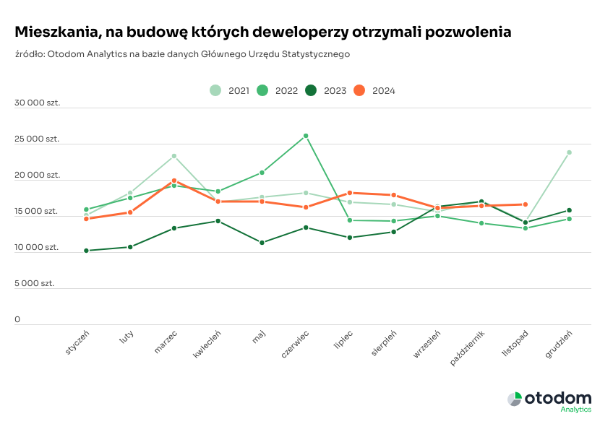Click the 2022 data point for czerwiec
pyautogui.click(x=306, y=136)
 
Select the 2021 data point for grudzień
pyautogui.click(x=569, y=152)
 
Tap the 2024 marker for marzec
pyautogui.click(x=174, y=181)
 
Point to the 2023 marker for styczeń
pyautogui.click(x=87, y=251)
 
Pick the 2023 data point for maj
pyautogui.click(x=262, y=243)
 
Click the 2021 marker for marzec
pyautogui.click(x=174, y=156)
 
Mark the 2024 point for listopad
pyautogui.click(x=526, y=204)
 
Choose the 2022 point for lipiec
pyautogui.click(x=349, y=220)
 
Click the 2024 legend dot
pyautogui.click(x=359, y=91)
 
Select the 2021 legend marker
pyautogui.click(x=215, y=91)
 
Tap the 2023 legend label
pyautogui.click(x=335, y=91)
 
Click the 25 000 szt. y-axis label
pyautogui.click(x=37, y=139)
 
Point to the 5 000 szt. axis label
pyautogui.click(x=35, y=283)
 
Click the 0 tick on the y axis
pyautogui.click(x=17, y=320)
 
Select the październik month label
pyautogui.click(x=468, y=348)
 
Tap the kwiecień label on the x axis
pyautogui.click(x=207, y=344)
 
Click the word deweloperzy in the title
pyautogui.click(x=300, y=32)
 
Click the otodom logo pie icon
pyautogui.click(x=515, y=399)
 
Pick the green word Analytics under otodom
pyautogui.click(x=576, y=410)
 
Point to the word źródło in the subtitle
pyautogui.click(x=30, y=54)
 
